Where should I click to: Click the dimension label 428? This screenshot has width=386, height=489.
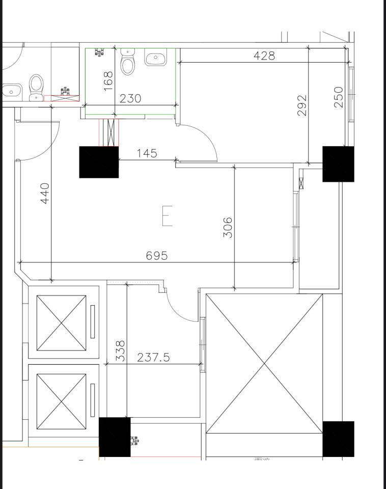click(x=264, y=56)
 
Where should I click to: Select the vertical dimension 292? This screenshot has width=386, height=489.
click(x=302, y=105)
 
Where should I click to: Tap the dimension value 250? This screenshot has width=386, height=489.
click(x=339, y=97)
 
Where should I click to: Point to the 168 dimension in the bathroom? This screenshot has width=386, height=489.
click(x=108, y=81)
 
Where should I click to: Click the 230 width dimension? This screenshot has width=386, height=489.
click(x=130, y=98)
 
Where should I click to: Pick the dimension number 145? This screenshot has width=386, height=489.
click(x=147, y=153)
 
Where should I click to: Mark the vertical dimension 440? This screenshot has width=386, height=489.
click(x=45, y=194)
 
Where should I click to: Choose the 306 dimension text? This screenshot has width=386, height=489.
click(x=228, y=227)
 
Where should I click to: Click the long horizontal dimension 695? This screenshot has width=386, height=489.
click(x=156, y=256)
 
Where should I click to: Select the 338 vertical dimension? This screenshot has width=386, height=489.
click(x=120, y=351)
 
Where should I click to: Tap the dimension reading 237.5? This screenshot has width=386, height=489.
click(x=153, y=358)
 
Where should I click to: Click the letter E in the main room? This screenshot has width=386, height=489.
click(x=167, y=215)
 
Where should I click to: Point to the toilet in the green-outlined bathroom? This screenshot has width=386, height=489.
click(x=127, y=62)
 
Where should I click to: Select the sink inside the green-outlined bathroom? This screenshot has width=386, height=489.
click(x=155, y=58)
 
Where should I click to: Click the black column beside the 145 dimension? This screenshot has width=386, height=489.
click(x=99, y=162)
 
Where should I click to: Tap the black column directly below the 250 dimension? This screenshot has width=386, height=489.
click(x=338, y=164)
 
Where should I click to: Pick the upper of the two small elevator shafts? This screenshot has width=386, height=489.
click(x=62, y=323)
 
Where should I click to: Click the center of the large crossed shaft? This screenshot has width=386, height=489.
click(x=264, y=363)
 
